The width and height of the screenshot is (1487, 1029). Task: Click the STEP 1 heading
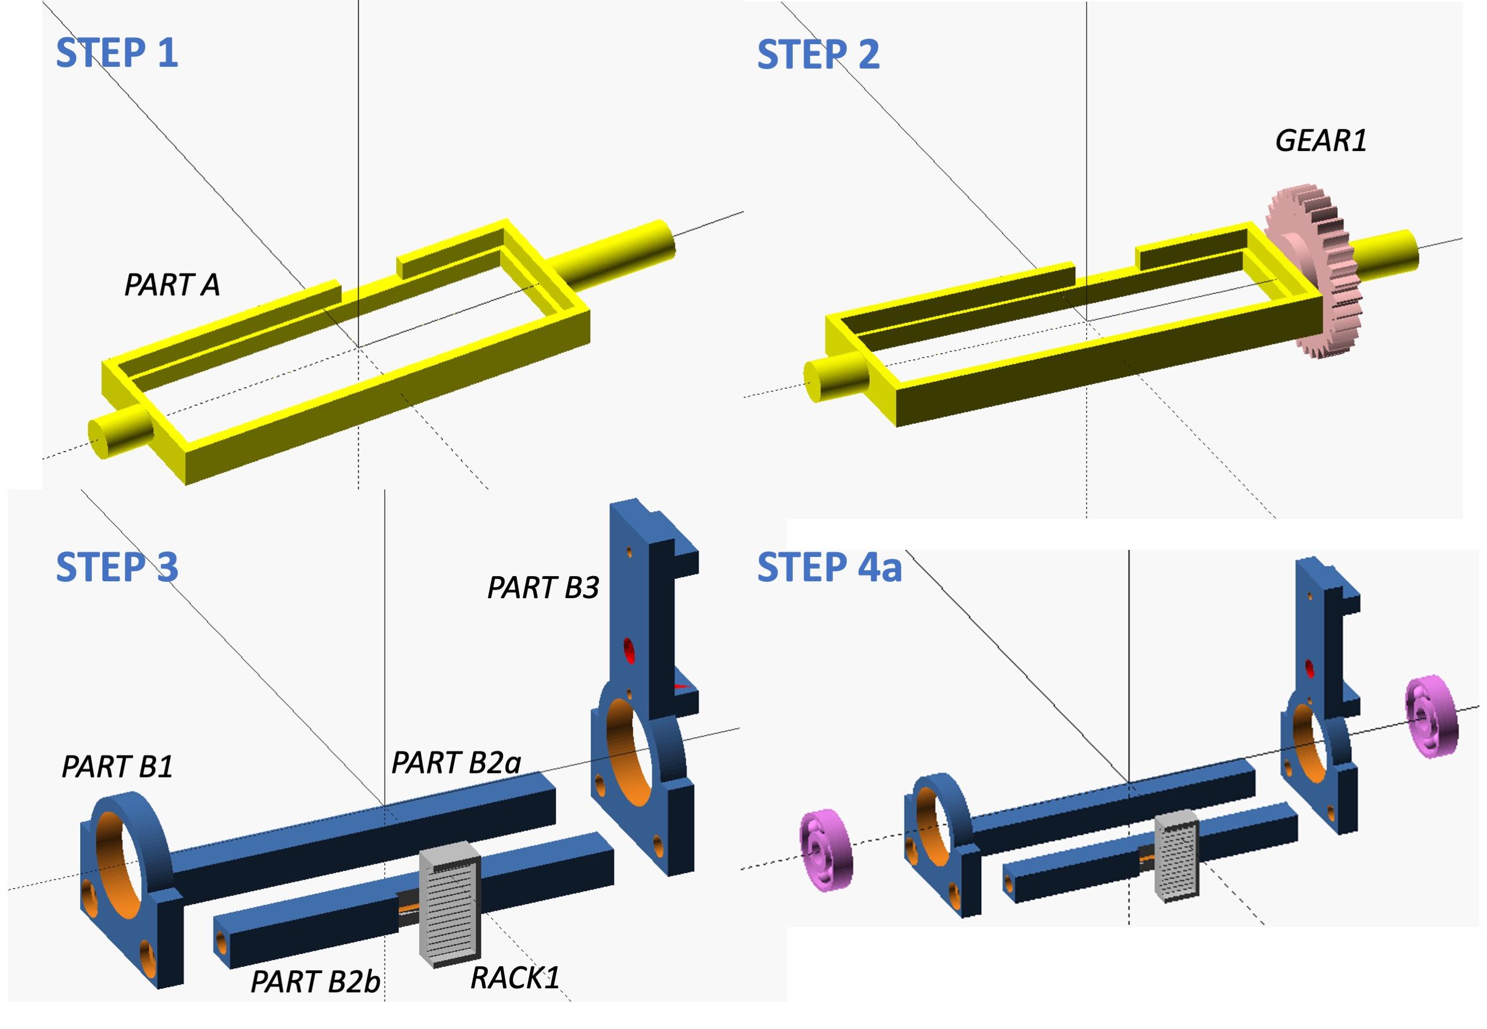click(117, 53)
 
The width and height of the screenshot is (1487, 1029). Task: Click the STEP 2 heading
click(818, 54)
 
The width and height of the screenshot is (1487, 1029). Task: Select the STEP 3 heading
click(117, 567)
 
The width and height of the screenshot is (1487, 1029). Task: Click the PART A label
click(171, 285)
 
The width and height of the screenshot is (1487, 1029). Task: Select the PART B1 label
click(117, 767)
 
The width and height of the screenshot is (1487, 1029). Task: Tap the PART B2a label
click(455, 762)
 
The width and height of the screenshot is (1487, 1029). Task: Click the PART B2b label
click(315, 982)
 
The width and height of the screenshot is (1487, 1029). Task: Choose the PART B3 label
click(543, 587)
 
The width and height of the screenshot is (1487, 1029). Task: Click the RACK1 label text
click(515, 978)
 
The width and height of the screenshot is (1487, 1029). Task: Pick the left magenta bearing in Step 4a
click(825, 851)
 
